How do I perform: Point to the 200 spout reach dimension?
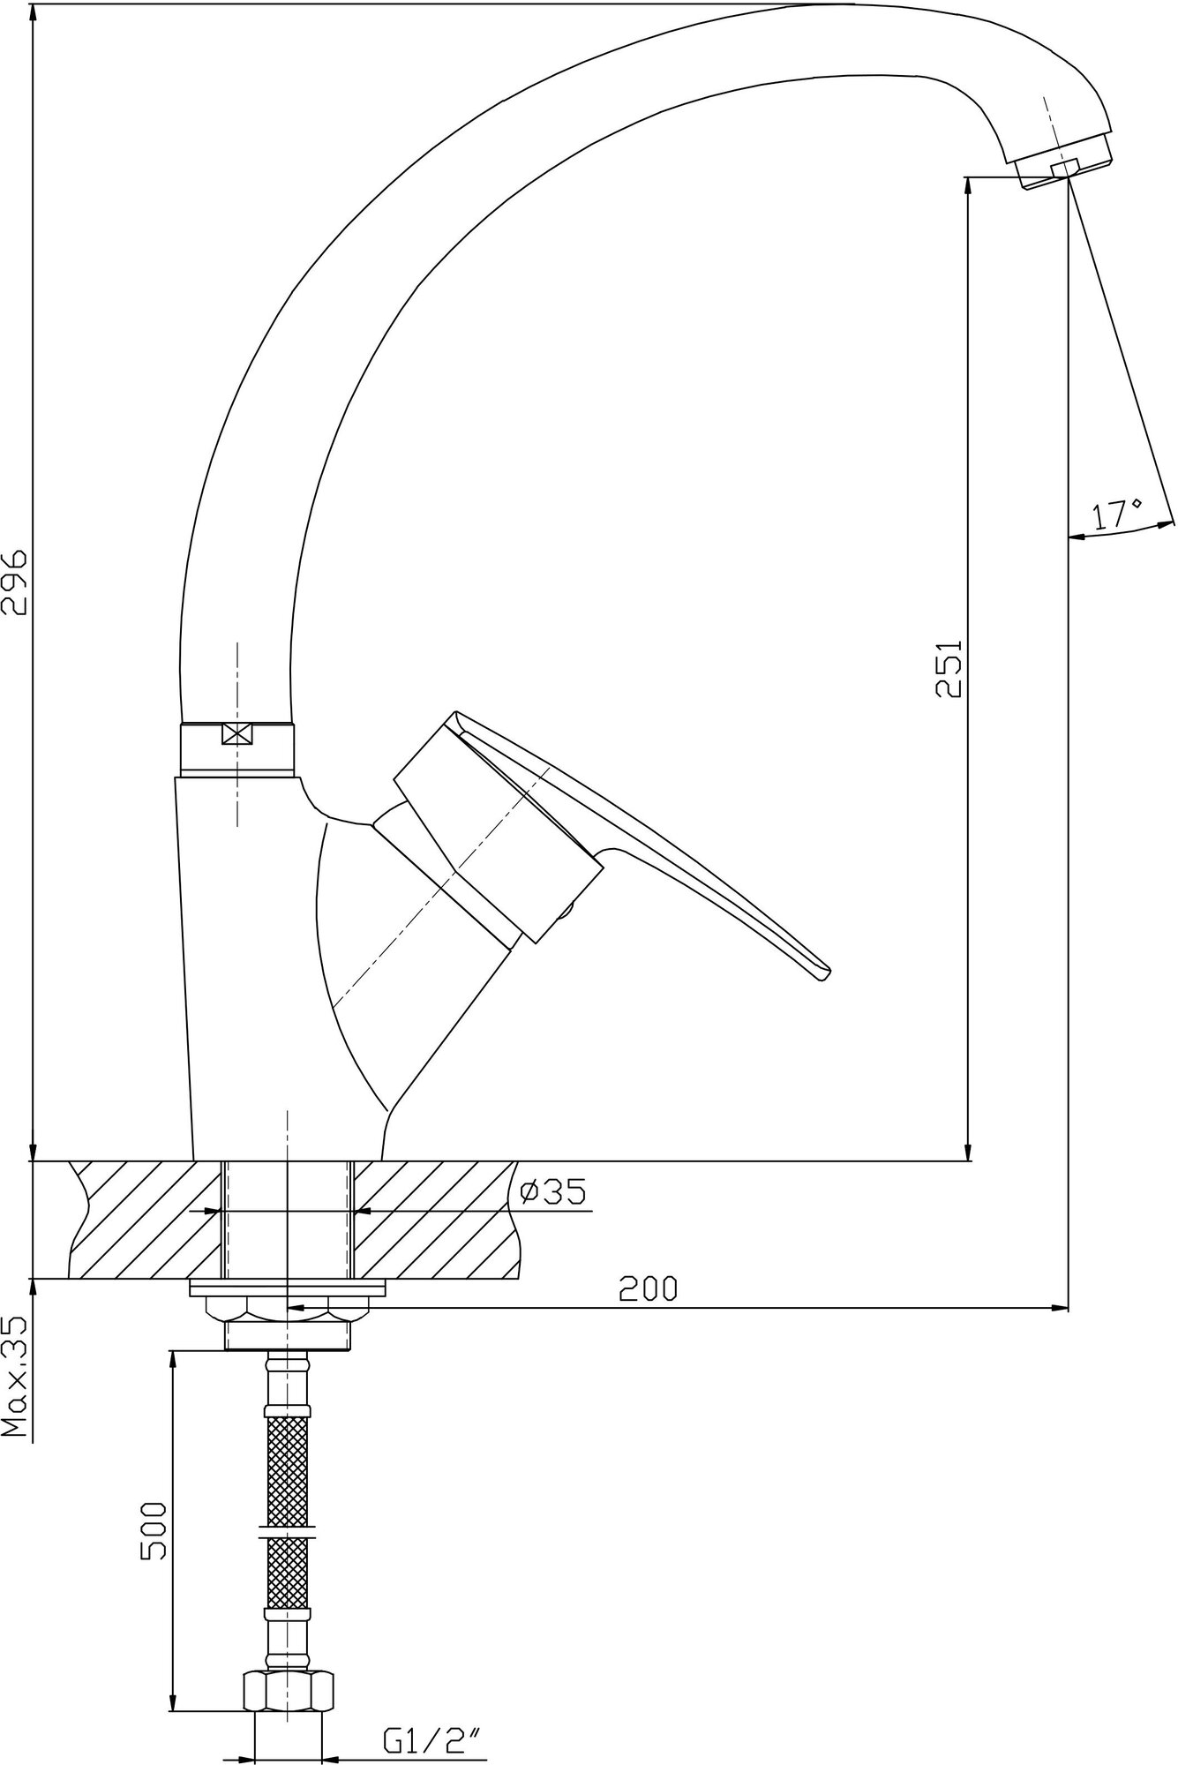click(x=648, y=1288)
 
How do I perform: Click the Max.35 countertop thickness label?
click(x=15, y=1386)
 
